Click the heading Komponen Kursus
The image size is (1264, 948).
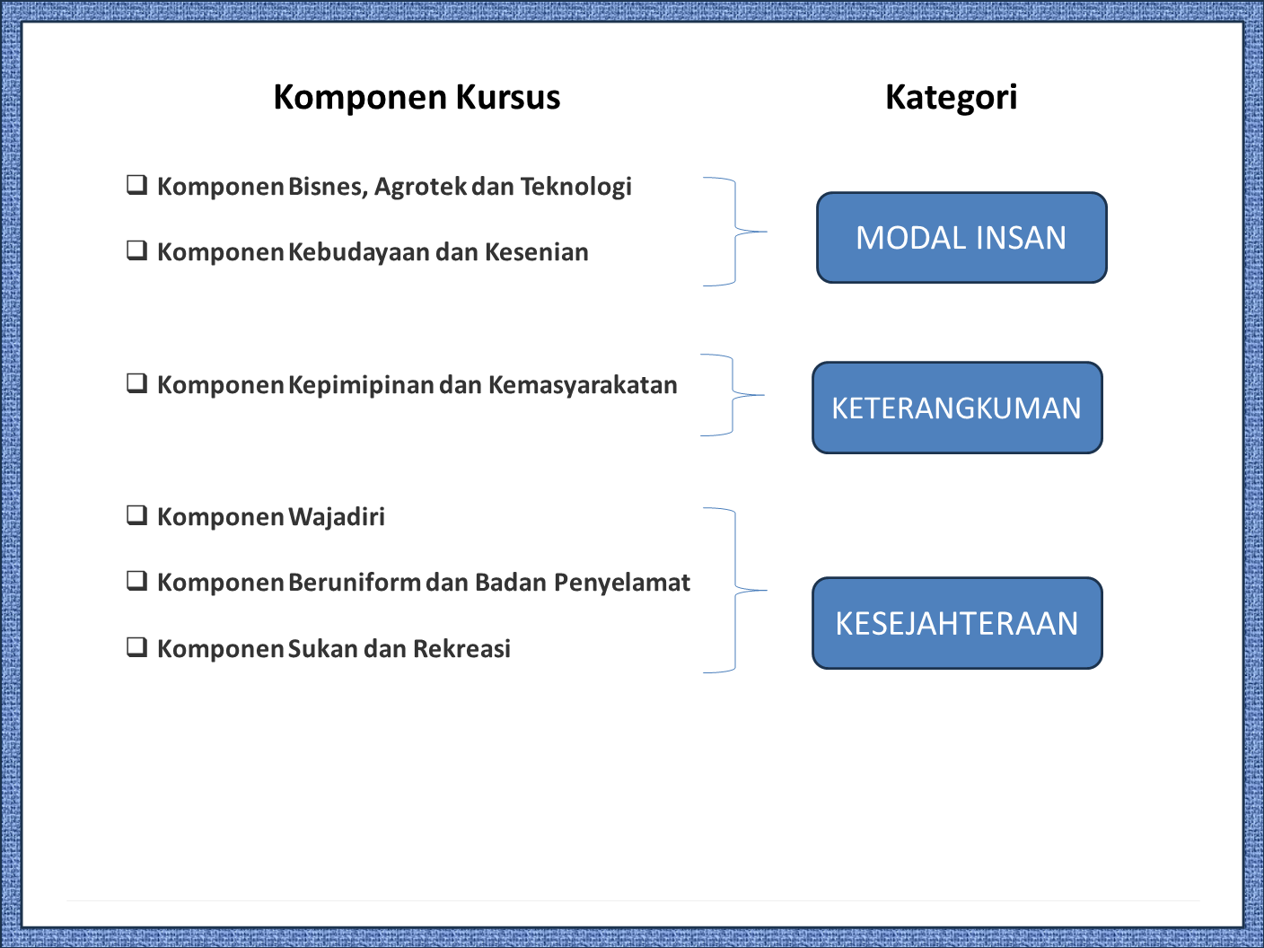pos(417,97)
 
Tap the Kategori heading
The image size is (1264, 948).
pos(951,97)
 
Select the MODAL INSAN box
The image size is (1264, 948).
pos(961,238)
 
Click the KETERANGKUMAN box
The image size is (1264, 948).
pos(957,408)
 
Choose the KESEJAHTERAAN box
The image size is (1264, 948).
pos(957,623)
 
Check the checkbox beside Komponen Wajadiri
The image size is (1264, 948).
pos(136,515)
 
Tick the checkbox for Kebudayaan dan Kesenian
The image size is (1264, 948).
pos(136,250)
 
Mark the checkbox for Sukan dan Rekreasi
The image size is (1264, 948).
pos(136,647)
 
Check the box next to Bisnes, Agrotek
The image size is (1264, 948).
pos(136,185)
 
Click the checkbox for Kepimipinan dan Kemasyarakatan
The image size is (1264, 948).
pos(136,383)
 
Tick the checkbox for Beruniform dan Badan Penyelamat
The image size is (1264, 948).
pos(136,581)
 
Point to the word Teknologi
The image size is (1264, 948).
pos(575,187)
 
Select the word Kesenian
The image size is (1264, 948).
pos(536,252)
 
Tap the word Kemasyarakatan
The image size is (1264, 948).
pos(583,385)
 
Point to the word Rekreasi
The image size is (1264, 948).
pos(461,649)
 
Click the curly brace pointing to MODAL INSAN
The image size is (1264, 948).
pos(736,232)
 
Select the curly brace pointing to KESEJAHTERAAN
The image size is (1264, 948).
pos(736,591)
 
